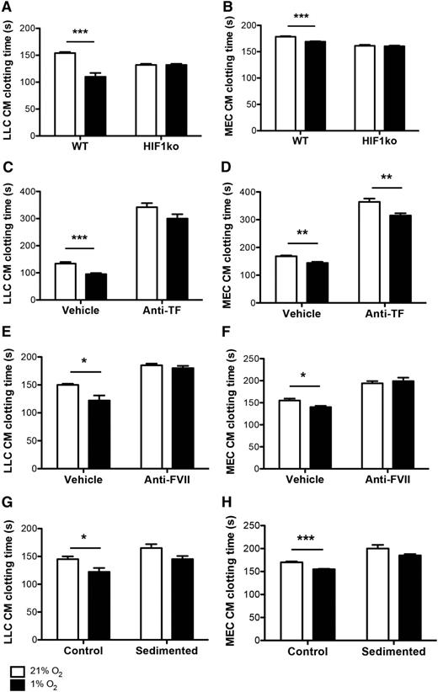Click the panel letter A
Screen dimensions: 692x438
[7, 8]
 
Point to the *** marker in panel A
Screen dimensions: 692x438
[81, 31]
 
